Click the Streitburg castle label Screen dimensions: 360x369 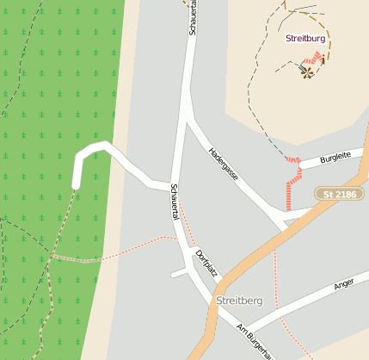pyautogui.click(x=305, y=39)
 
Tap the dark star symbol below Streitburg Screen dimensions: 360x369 pyautogui.click(x=307, y=72)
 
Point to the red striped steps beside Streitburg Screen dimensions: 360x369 pyautogui.click(x=317, y=59)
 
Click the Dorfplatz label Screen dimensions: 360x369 pyautogui.click(x=206, y=265)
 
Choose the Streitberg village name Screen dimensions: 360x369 pyautogui.click(x=240, y=301)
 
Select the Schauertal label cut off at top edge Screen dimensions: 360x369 pyautogui.click(x=192, y=17)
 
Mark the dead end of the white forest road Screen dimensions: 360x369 pyautogui.click(x=76, y=184)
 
